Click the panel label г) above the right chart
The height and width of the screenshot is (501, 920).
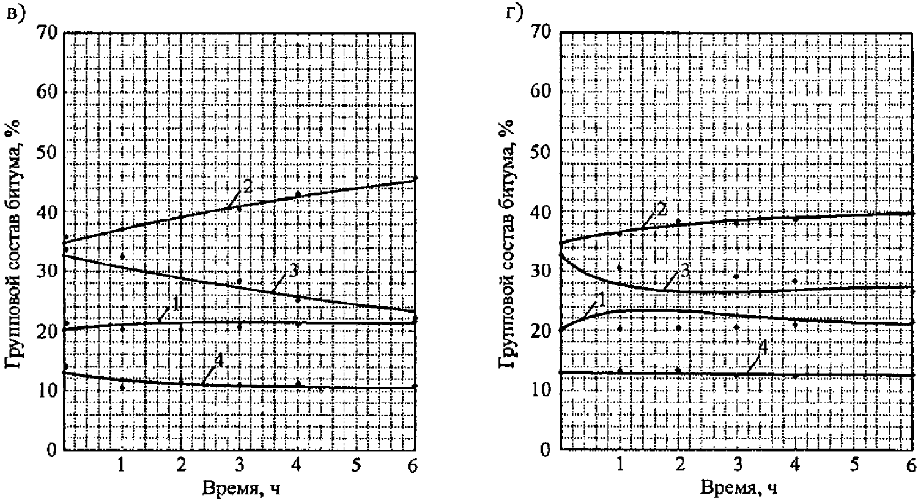coord(514,13)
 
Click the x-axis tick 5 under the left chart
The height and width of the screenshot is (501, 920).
coord(356,466)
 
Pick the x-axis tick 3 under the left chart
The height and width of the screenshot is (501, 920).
coord(239,466)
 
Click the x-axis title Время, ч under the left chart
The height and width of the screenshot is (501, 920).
coord(241,488)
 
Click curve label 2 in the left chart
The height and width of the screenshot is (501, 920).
coord(247,187)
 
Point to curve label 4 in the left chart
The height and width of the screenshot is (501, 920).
coord(219,361)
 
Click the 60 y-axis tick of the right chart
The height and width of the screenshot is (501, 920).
coord(541,92)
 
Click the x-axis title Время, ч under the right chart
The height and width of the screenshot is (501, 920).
coord(739,488)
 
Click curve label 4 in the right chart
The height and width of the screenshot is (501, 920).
coord(763,348)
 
